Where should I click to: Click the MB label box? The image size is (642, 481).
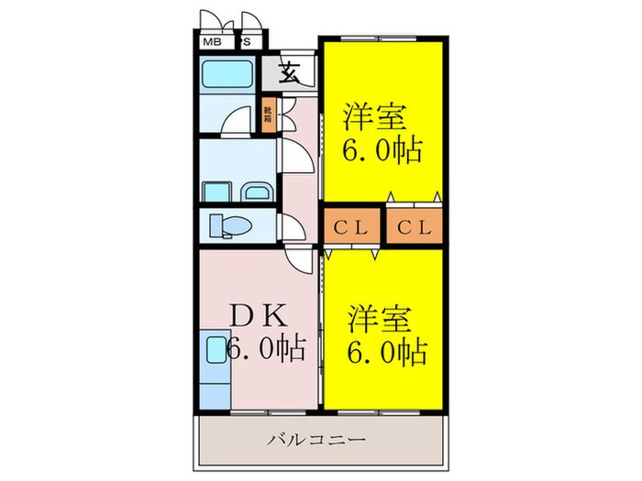211,42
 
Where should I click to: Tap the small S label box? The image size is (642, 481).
247,42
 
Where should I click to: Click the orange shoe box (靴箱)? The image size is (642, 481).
268,116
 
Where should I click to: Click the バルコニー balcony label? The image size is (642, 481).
317,440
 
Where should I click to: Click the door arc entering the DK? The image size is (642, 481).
302,260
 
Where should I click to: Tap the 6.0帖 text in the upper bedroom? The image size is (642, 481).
383,148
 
